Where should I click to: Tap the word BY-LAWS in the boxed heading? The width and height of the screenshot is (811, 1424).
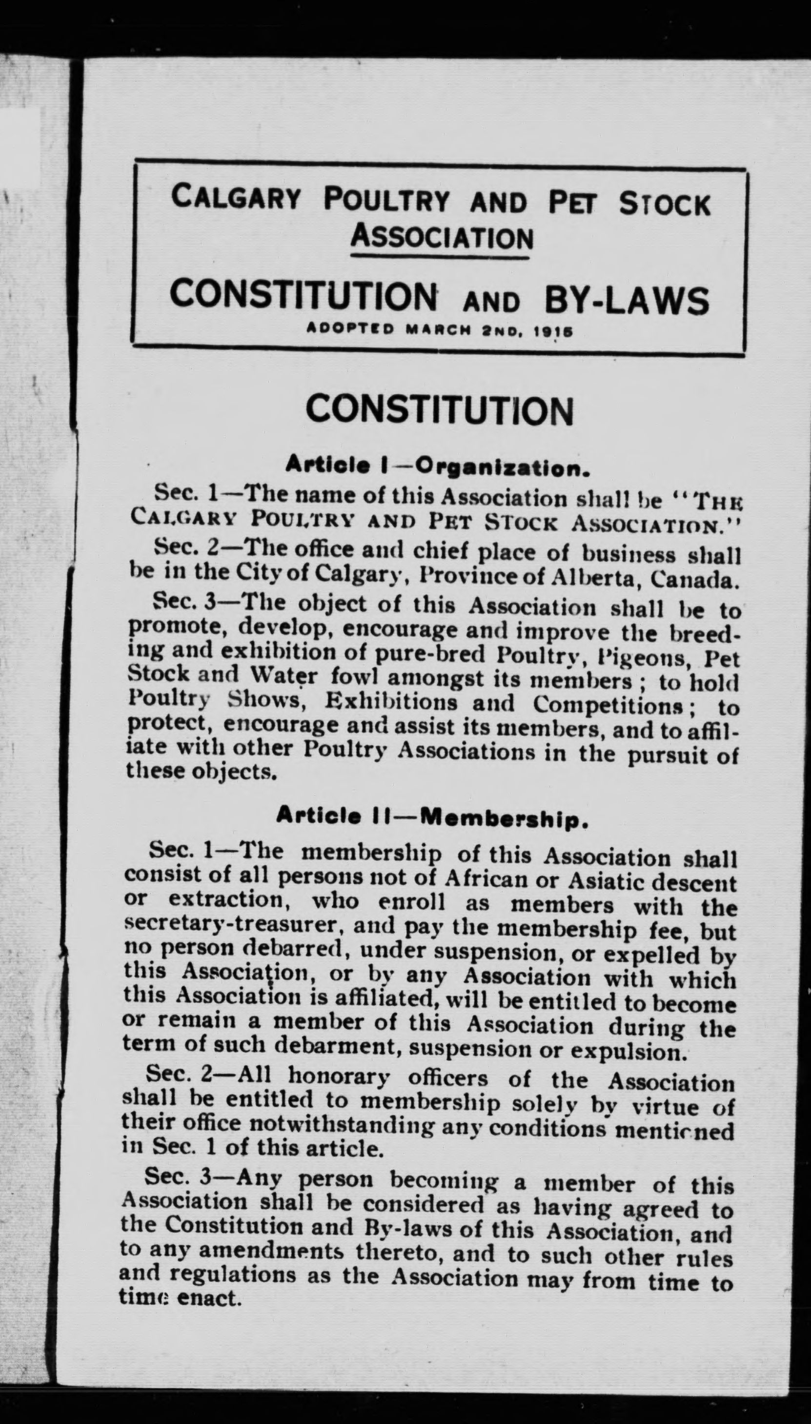[626, 301]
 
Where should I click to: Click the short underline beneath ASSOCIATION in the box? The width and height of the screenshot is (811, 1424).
[440, 257]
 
